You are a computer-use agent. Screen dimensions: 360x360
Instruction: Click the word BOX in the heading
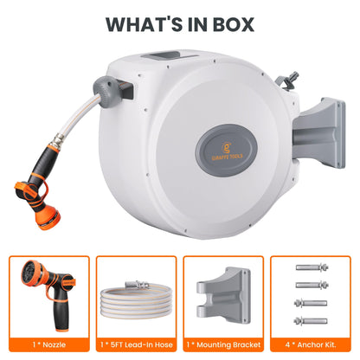tap(234, 24)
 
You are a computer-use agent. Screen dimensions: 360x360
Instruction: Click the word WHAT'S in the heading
tap(144, 24)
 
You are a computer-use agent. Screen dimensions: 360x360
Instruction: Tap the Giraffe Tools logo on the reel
tap(227, 150)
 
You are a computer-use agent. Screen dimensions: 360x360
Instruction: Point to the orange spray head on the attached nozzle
tap(48, 216)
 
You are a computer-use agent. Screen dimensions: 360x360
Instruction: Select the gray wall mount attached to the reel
tap(319, 133)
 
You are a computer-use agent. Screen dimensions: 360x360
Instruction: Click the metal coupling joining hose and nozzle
tap(59, 141)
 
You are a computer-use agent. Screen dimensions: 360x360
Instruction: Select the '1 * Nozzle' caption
tap(49, 344)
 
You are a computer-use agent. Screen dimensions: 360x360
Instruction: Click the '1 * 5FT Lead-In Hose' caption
tap(137, 344)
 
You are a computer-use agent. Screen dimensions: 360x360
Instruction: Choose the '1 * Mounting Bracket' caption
tap(223, 344)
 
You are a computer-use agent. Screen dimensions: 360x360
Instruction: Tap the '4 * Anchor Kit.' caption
tap(311, 344)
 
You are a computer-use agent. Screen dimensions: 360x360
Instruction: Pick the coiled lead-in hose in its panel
tap(137, 301)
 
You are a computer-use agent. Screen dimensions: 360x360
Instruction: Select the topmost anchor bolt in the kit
tap(312, 267)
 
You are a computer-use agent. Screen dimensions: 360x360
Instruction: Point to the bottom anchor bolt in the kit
tap(311, 321)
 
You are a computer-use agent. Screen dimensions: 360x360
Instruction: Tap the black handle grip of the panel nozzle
tap(60, 313)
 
